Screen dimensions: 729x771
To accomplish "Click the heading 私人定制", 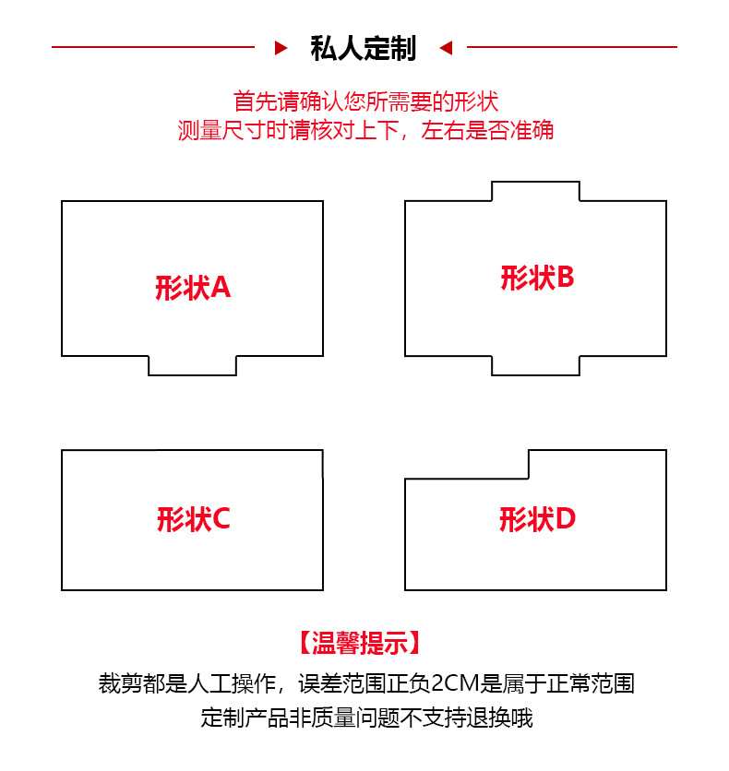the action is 364,47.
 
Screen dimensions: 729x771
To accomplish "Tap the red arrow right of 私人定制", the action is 446,47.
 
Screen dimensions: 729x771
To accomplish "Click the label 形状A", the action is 193,289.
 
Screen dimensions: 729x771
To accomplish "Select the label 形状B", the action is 537,278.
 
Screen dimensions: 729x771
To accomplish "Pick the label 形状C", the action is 193,520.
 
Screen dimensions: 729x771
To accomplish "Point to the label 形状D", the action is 537,520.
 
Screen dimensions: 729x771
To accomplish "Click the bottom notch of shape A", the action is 192,365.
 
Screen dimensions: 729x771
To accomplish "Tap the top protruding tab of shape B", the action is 535,192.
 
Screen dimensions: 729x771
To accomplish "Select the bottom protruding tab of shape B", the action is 535,365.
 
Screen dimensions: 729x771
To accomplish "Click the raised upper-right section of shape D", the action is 596,464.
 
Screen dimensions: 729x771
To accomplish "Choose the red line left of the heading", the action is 152,47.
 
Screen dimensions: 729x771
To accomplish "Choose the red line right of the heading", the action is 572,47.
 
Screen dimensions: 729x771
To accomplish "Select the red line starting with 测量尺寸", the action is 365,130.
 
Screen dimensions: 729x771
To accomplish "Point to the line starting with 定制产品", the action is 366,718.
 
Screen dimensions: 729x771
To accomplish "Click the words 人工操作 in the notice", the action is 235,684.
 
